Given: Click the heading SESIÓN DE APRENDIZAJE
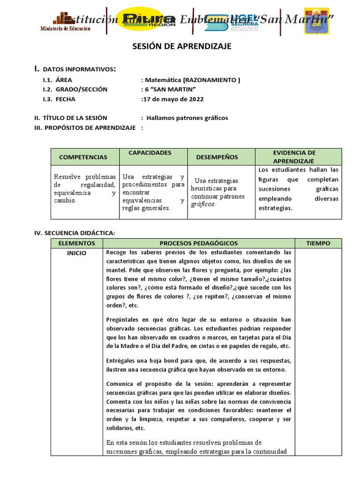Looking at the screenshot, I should tap(180, 47).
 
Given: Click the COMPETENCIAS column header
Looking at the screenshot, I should tap(83, 157).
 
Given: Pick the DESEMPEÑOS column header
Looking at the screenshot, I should tap(217, 157).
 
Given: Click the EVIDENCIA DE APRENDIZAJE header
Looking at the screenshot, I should tap(294, 157).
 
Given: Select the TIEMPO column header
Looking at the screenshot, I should tap(318, 243).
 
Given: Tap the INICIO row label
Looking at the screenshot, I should tap(77, 253).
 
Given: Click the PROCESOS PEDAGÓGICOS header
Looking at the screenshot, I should tap(199, 243).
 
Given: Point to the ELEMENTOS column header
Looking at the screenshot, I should tap(77, 243).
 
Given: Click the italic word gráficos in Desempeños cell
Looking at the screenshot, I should tap(203, 204).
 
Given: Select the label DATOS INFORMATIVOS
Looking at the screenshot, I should tap(79, 69).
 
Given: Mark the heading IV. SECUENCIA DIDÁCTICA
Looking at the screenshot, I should tap(75, 232).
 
